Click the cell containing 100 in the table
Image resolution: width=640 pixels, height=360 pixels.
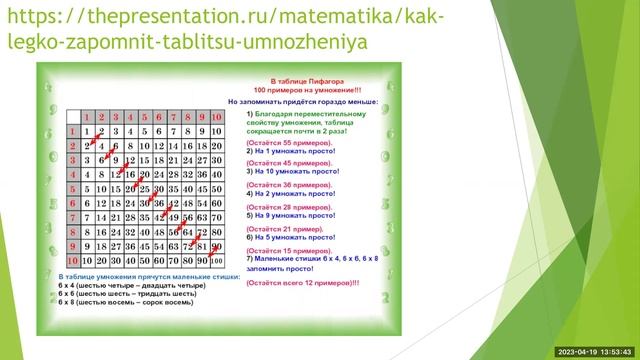(x=217, y=261)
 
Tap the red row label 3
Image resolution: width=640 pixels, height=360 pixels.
(x=72, y=160)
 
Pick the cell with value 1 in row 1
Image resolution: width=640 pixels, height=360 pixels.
(x=88, y=131)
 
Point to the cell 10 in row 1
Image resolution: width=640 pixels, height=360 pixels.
(x=217, y=131)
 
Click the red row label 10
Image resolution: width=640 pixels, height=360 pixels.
(x=72, y=260)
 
